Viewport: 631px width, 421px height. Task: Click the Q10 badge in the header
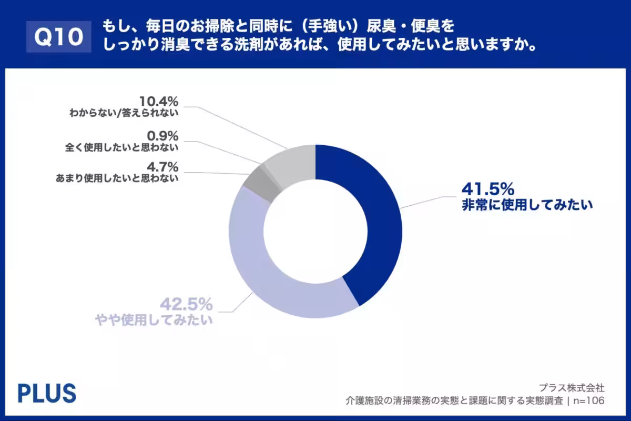pyautogui.click(x=59, y=37)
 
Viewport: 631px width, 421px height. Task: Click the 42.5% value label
pyautogui.click(x=186, y=304)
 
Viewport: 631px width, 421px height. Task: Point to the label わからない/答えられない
pyautogui.click(x=124, y=112)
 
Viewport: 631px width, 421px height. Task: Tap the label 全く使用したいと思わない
pyautogui.click(x=124, y=147)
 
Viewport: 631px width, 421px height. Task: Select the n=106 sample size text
pyautogui.click(x=589, y=401)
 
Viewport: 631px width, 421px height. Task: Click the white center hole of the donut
pyautogui.click(x=315, y=232)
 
